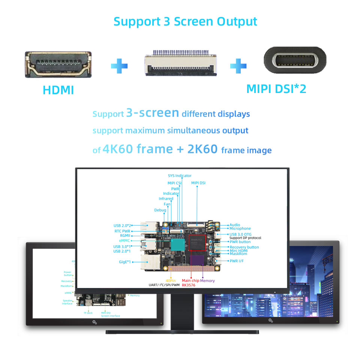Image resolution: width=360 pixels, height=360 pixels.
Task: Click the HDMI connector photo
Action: click(x=58, y=65)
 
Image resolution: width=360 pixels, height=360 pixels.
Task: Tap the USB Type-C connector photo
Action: click(x=295, y=60)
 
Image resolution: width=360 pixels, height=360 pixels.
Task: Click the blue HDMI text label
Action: click(x=58, y=90)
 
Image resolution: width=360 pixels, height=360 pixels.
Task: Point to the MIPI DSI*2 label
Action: click(x=276, y=89)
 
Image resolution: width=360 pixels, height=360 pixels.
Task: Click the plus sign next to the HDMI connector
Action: click(x=119, y=66)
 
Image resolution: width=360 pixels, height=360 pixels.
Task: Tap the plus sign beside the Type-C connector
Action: click(x=238, y=66)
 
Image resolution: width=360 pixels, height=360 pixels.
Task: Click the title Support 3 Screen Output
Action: click(x=185, y=21)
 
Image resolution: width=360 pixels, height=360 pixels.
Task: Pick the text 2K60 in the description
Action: click(x=202, y=149)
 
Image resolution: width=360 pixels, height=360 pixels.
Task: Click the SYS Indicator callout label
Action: click(x=180, y=175)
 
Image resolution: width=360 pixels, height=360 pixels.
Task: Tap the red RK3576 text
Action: click(x=189, y=285)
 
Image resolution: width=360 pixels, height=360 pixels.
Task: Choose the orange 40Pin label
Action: click(x=170, y=280)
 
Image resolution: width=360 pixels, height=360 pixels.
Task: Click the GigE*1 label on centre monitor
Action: click(x=122, y=261)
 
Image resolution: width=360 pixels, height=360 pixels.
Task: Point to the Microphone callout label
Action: click(x=240, y=228)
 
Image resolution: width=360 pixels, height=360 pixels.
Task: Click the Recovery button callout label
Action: click(x=244, y=247)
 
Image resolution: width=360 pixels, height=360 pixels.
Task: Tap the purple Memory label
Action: click(x=207, y=280)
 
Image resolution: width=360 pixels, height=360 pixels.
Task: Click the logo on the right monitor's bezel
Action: click(x=270, y=320)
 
